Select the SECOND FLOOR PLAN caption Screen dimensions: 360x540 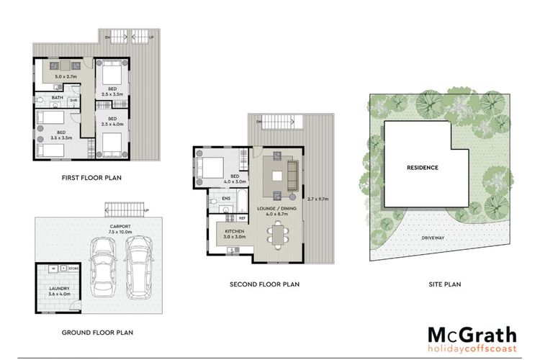(264, 284)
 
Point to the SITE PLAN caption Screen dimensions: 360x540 (443, 284)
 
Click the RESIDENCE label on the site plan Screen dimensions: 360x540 (423, 167)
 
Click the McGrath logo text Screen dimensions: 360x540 (472, 335)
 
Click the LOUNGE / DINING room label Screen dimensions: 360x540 (276, 211)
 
